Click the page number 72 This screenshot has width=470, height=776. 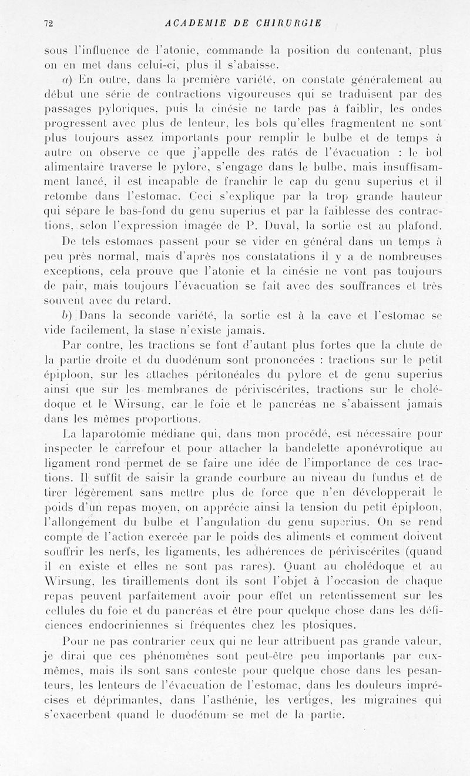[x=49, y=24]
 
